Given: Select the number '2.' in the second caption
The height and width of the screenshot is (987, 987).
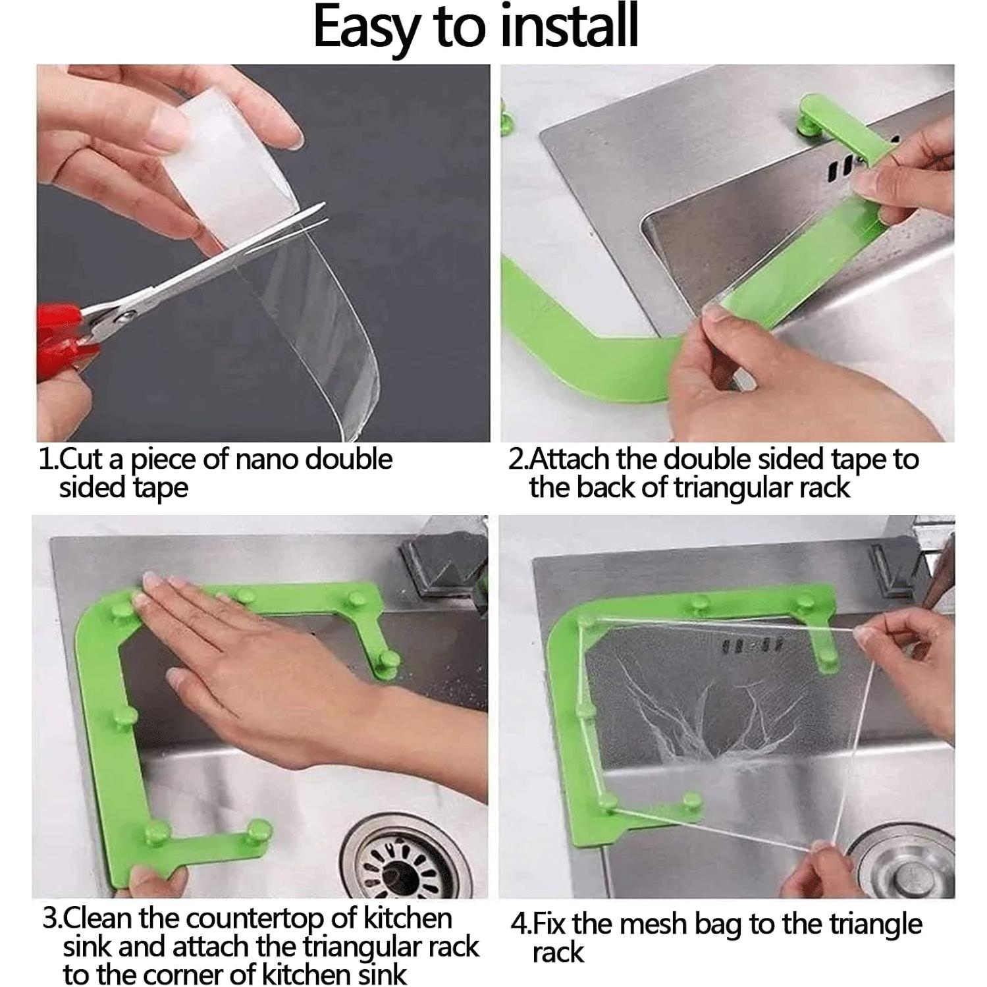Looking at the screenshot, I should coord(517,460).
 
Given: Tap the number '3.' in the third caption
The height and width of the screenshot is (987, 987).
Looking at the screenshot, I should coord(53,918).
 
